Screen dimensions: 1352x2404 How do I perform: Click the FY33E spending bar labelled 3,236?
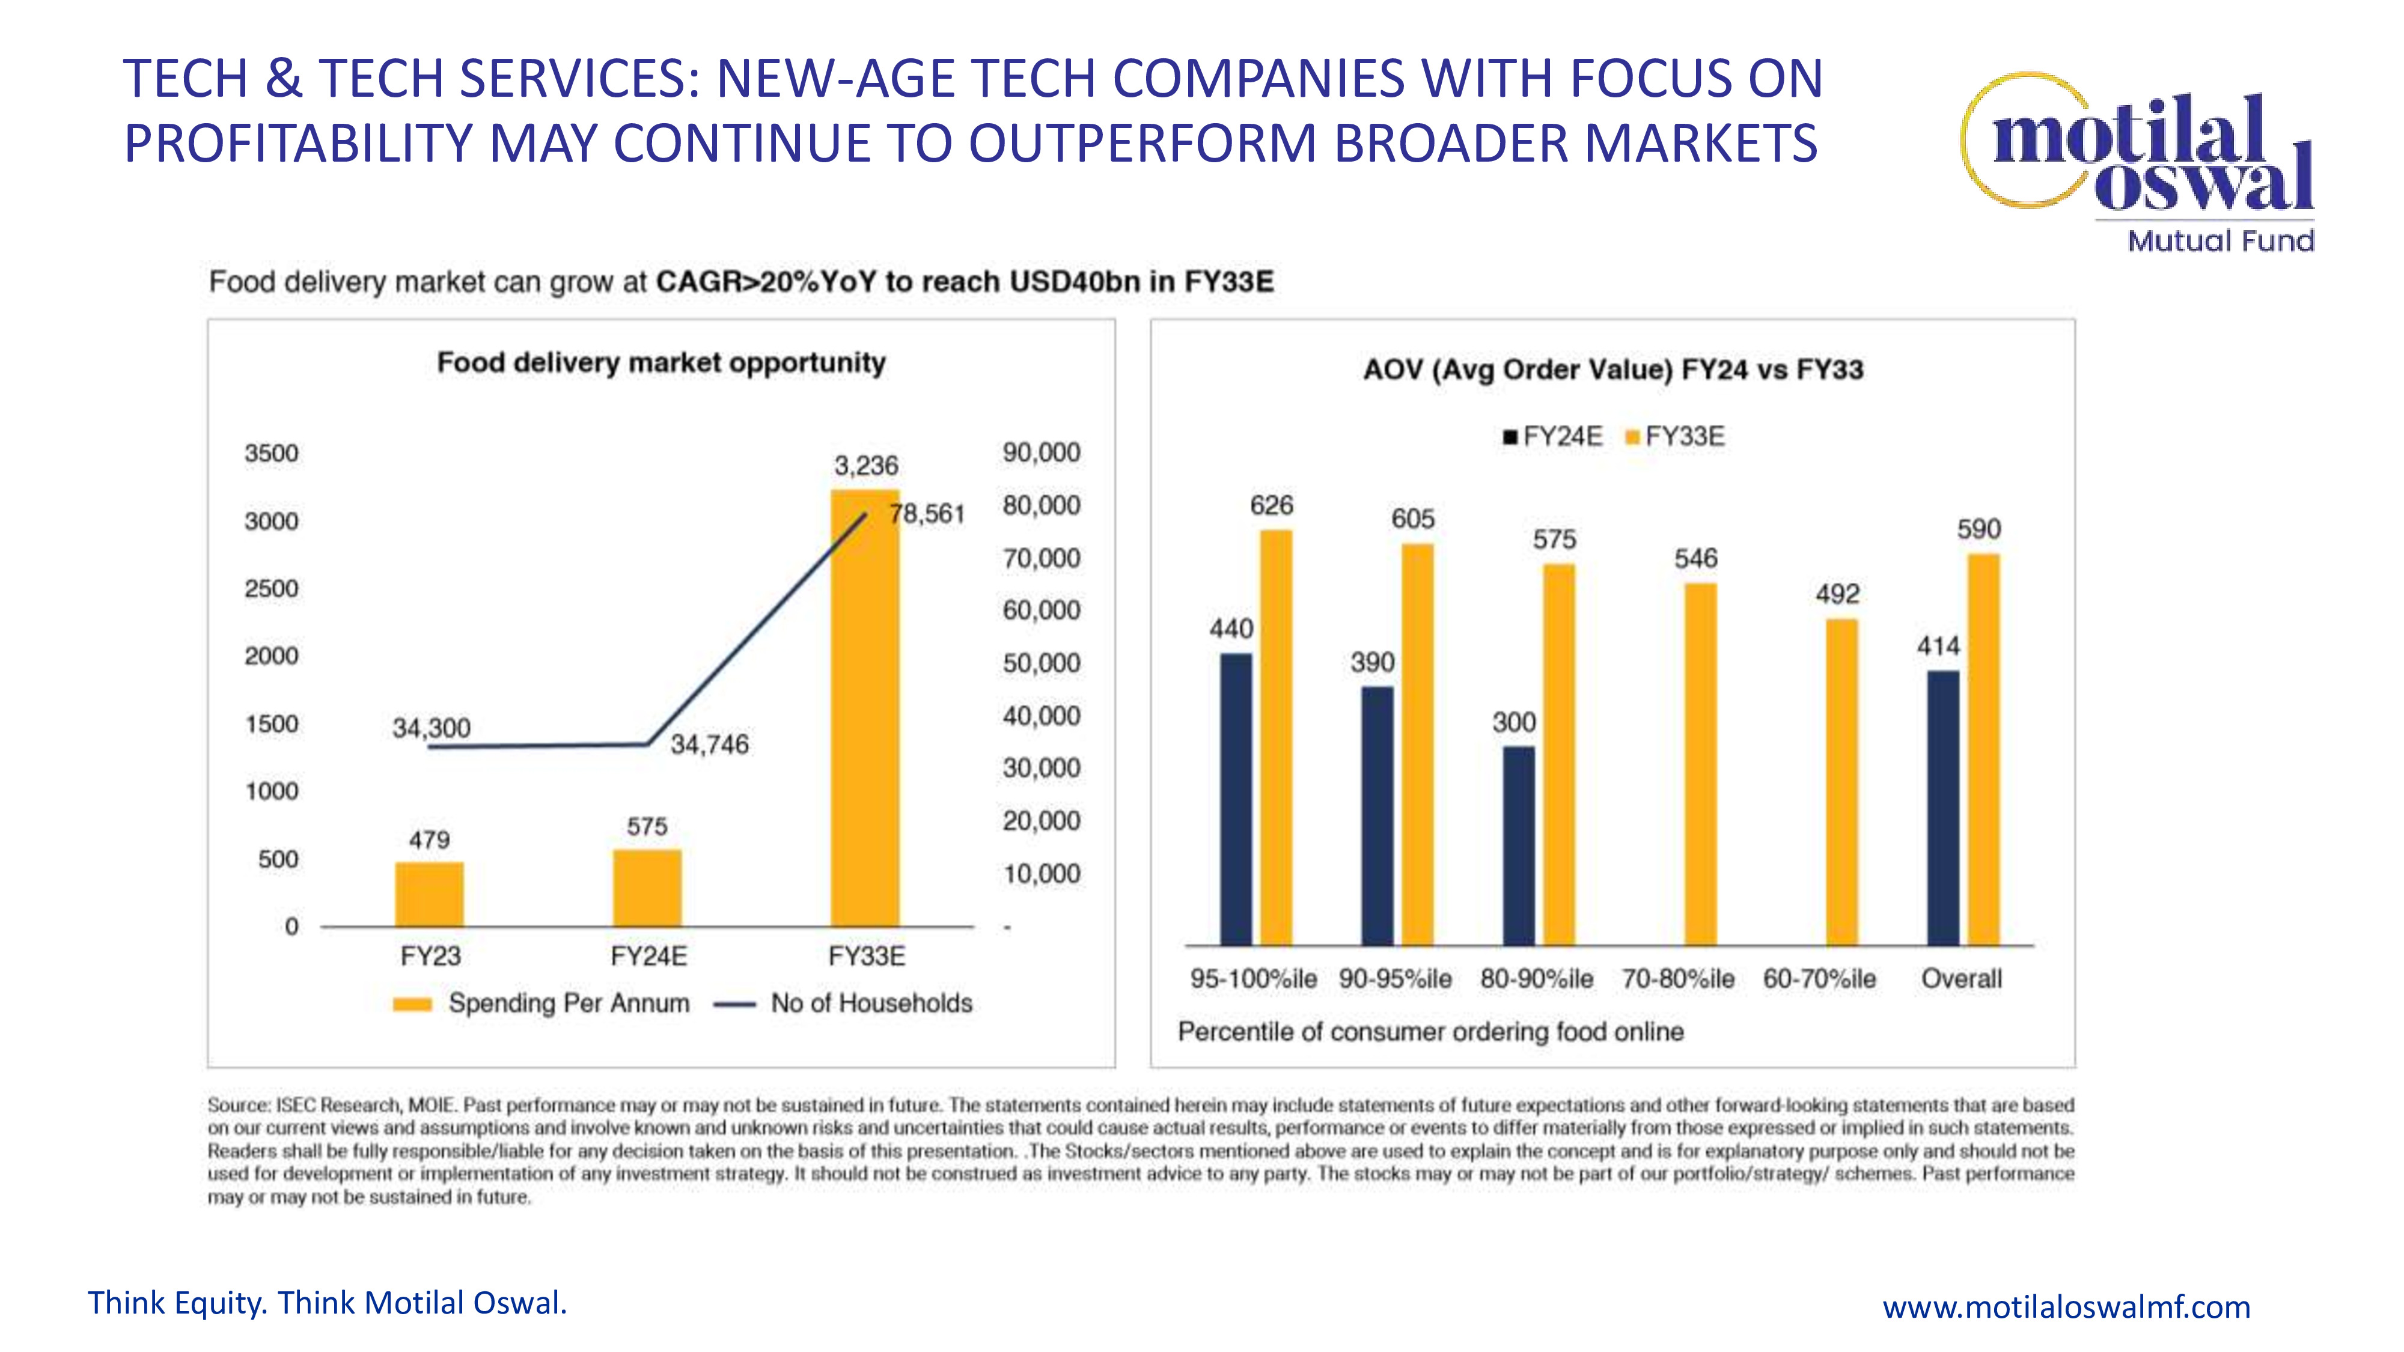tap(865, 709)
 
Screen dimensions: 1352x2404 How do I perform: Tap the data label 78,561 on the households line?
tap(927, 514)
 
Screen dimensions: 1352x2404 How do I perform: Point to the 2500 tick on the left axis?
tap(272, 589)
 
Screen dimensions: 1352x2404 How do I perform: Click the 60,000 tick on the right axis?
tap(1042, 611)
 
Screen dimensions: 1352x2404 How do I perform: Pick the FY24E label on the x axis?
tap(648, 957)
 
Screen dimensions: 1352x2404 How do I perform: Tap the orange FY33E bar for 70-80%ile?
tap(1700, 764)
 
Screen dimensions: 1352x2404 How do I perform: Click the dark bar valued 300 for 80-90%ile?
tap(1518, 845)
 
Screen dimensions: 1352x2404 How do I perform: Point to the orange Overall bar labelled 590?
tap(1984, 749)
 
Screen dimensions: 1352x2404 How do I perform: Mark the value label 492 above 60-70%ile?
tap(1837, 594)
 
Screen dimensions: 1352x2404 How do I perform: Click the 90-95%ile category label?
tap(1395, 979)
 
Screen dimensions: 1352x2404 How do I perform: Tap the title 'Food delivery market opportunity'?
tap(660, 363)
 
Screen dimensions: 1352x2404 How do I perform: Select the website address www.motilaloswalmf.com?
tap(2066, 1307)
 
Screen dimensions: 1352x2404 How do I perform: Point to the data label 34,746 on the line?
tap(709, 745)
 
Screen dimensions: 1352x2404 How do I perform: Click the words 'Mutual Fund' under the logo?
tap(2220, 241)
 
